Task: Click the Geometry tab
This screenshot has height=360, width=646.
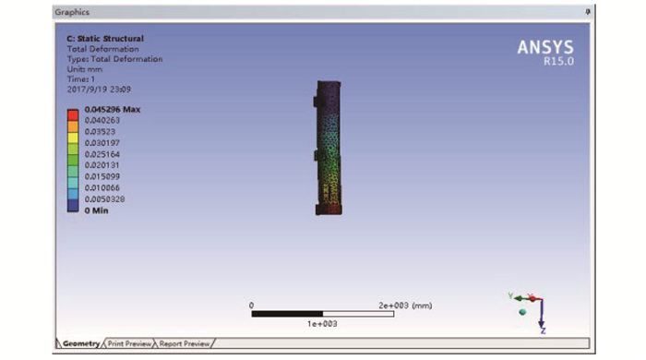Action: pyautogui.click(x=81, y=343)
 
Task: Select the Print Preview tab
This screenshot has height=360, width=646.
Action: pyautogui.click(x=129, y=343)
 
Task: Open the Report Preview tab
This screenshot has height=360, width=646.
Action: pyautogui.click(x=185, y=343)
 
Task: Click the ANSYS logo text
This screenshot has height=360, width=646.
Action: pyautogui.click(x=545, y=47)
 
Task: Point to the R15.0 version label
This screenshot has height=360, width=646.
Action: pyautogui.click(x=558, y=61)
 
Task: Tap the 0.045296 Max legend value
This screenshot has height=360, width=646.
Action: pyautogui.click(x=113, y=110)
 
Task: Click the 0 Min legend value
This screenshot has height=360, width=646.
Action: pyautogui.click(x=96, y=210)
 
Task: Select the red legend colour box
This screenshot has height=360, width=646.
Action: pyautogui.click(x=73, y=114)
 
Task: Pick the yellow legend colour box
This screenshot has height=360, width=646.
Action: pyautogui.click(x=73, y=138)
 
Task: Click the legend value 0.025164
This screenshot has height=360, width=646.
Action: pyautogui.click(x=102, y=154)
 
